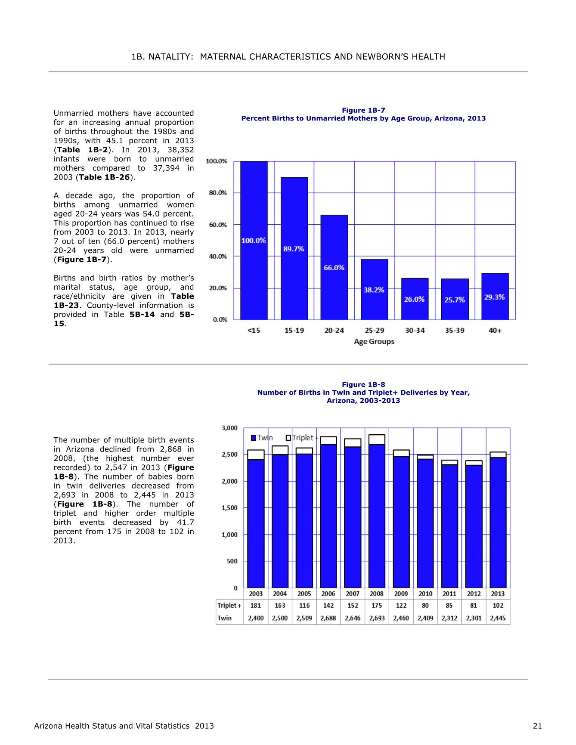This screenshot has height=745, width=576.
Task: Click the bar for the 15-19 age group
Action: [x=294, y=248]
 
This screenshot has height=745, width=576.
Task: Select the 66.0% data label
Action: [x=334, y=268]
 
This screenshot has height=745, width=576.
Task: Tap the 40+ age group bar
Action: [x=495, y=296]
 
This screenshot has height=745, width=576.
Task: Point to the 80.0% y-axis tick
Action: [x=218, y=193]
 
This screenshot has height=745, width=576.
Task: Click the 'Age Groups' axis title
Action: [x=374, y=342]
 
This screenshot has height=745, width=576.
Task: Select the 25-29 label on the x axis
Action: [x=375, y=331]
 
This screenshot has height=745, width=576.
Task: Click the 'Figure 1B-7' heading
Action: [x=363, y=110]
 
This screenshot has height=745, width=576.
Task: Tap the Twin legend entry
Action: [x=262, y=438]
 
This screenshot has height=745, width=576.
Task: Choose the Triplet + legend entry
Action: [x=302, y=438]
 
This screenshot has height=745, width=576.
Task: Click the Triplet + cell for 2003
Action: [x=256, y=606]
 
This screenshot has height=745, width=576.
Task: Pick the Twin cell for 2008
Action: [x=377, y=618]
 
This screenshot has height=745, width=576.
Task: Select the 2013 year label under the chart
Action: [x=498, y=594]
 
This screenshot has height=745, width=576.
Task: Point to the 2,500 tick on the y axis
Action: [x=229, y=454]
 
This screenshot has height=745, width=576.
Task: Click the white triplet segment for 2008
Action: [x=377, y=439]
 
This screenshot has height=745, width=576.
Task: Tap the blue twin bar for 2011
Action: [x=449, y=526]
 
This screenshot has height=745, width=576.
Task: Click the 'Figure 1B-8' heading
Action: [x=363, y=384]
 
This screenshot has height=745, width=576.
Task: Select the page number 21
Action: [x=537, y=726]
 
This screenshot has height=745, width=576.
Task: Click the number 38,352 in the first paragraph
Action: [x=181, y=150]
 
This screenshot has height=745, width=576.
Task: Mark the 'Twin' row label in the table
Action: [x=224, y=618]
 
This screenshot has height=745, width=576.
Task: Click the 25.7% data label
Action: [x=455, y=300]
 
